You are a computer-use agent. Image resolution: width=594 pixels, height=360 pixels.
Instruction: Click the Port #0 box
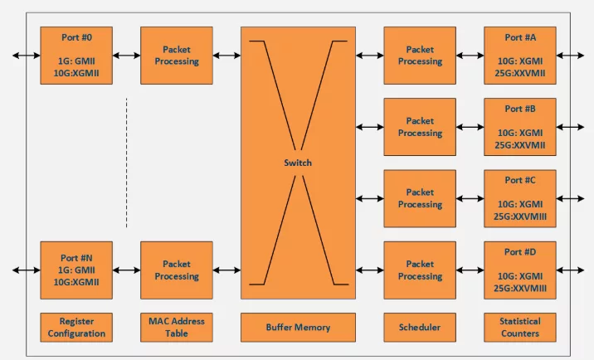click(x=76, y=56)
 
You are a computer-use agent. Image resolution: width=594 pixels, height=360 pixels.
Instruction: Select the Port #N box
click(x=76, y=270)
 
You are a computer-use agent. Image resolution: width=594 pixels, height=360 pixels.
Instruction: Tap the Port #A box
click(x=520, y=56)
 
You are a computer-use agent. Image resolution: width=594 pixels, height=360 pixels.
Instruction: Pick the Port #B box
click(x=520, y=127)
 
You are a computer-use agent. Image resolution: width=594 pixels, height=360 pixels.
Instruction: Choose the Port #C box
click(x=520, y=198)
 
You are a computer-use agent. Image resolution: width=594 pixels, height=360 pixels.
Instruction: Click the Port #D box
click(x=520, y=270)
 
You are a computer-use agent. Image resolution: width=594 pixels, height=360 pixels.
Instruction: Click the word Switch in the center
click(x=298, y=163)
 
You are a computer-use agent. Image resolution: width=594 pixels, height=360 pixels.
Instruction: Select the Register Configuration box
click(x=76, y=328)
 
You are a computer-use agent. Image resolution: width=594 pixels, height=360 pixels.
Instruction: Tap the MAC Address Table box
click(x=177, y=328)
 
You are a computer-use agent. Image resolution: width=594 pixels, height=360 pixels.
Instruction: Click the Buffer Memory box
click(x=298, y=328)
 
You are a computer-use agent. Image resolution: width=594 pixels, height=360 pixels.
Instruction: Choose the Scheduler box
click(x=420, y=328)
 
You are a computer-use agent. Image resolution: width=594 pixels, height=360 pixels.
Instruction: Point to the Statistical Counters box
click(x=520, y=328)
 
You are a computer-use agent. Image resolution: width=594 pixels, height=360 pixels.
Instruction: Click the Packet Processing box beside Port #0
click(x=177, y=56)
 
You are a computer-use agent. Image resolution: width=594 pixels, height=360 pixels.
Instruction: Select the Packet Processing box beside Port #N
click(x=177, y=270)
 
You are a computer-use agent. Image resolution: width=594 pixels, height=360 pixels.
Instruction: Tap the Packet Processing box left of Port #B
click(x=420, y=127)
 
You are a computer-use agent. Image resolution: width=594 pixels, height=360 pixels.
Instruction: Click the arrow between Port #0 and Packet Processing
click(x=127, y=56)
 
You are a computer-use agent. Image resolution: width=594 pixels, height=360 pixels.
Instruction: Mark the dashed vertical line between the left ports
click(x=127, y=163)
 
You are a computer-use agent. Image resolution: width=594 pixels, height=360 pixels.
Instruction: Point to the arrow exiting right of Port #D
click(x=570, y=270)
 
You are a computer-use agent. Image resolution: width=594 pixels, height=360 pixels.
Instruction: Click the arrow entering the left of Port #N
click(x=27, y=270)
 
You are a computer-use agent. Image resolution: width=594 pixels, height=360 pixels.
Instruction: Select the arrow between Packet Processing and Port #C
click(x=470, y=198)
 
